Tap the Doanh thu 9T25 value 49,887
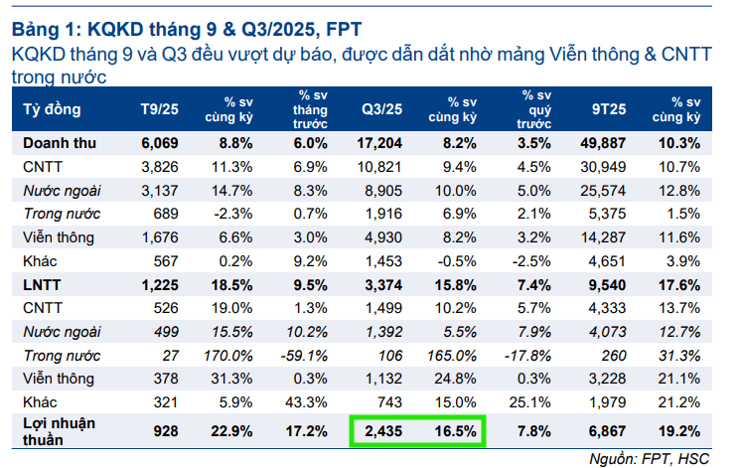coord(608,142)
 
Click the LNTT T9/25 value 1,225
coord(156,285)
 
